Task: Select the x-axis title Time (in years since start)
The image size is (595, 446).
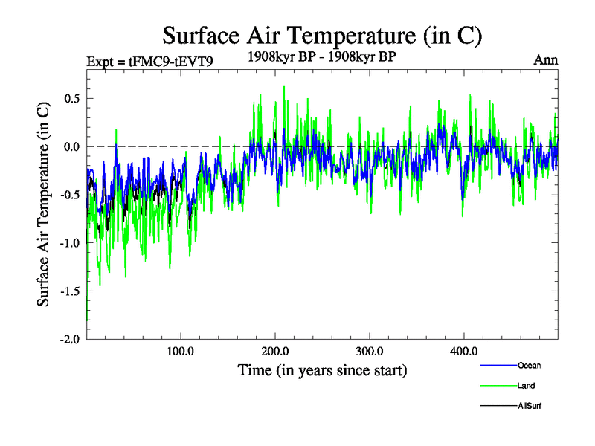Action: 322,369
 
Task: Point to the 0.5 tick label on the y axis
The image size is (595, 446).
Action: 72,98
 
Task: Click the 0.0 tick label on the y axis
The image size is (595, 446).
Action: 72,146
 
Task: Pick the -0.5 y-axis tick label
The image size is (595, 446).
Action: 71,195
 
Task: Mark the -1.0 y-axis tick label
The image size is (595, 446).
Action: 71,242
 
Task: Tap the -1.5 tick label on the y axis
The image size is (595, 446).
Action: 71,291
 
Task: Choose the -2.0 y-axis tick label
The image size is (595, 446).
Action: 71,339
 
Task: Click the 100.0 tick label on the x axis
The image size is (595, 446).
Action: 181,351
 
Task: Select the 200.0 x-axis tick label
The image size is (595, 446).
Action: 275,351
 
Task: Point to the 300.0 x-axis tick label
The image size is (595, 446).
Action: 370,351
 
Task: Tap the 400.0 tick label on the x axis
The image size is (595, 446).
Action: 464,351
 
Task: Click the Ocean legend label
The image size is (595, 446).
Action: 529,365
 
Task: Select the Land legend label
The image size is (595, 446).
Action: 527,386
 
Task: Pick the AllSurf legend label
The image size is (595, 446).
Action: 530,406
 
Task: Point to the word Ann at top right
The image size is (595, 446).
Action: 545,59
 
